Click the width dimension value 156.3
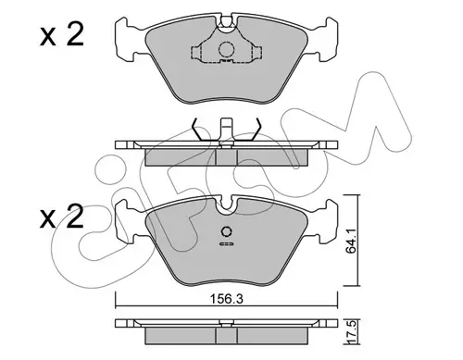(226, 299)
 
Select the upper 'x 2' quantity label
(62, 35)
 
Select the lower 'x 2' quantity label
(62, 217)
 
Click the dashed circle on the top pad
(226, 49)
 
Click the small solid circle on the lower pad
(226, 231)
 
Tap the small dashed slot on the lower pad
(226, 244)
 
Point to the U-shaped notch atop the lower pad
(226, 205)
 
